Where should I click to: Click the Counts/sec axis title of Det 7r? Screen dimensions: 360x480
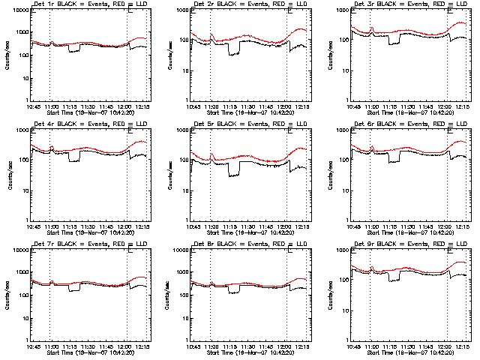[10, 295]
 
